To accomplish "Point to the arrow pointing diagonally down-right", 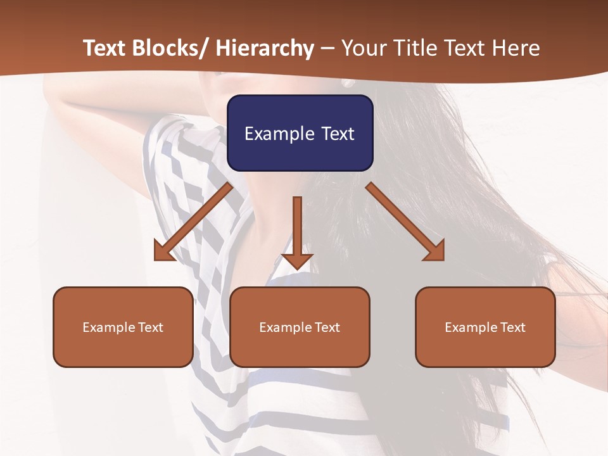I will [x=405, y=222].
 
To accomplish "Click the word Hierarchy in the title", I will [x=265, y=48].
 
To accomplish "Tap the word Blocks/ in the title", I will [x=170, y=48].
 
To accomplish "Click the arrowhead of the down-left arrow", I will [x=163, y=252].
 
